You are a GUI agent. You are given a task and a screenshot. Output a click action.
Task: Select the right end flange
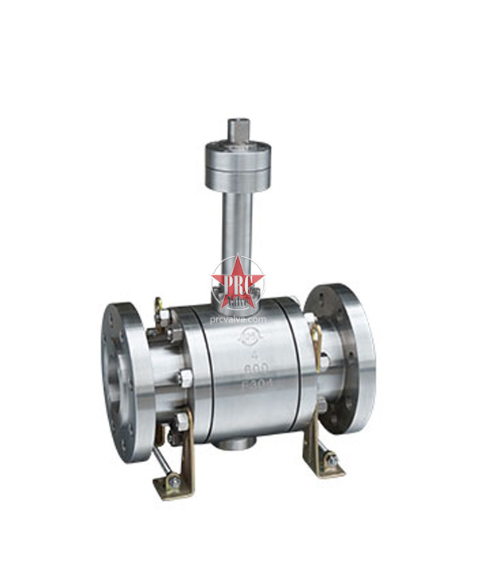342,357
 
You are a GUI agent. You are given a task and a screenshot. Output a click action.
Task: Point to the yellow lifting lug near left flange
159,306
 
